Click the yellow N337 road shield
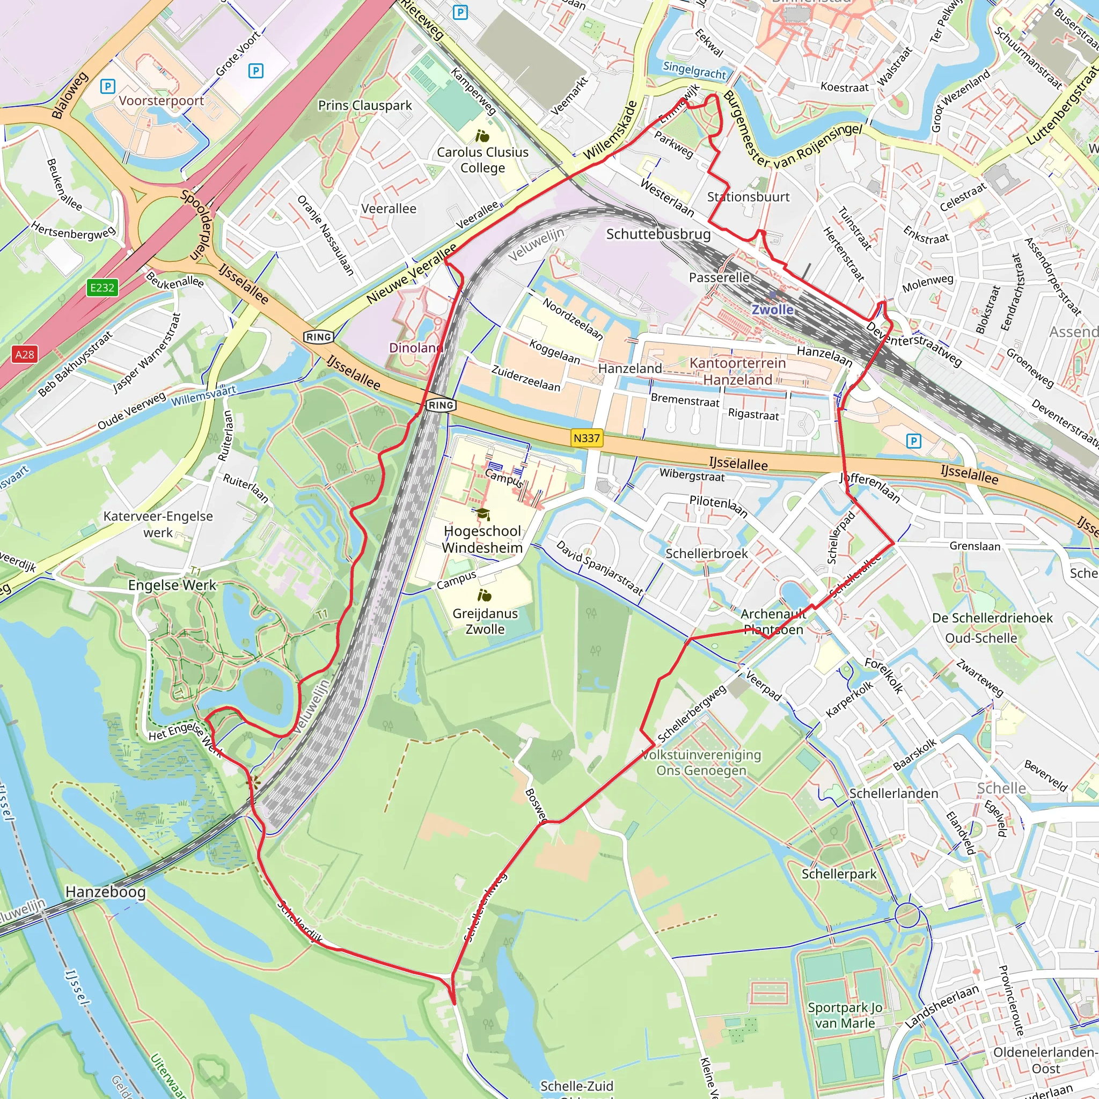[x=587, y=438]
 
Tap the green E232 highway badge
[x=102, y=287]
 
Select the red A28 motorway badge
[x=25, y=354]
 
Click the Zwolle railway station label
[x=773, y=310]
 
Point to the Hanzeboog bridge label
[x=105, y=891]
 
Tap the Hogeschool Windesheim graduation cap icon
[x=483, y=514]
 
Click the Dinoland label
[x=416, y=348]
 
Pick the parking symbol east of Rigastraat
[x=913, y=441]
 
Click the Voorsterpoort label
[x=161, y=101]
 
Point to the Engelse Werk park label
[x=172, y=585]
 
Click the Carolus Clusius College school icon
[x=482, y=136]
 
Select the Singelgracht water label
[x=694, y=70]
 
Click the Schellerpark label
[x=839, y=874]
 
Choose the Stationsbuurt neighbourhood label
[x=748, y=197]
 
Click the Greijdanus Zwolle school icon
[x=485, y=596]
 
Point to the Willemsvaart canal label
[x=203, y=395]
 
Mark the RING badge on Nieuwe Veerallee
[x=319, y=337]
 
